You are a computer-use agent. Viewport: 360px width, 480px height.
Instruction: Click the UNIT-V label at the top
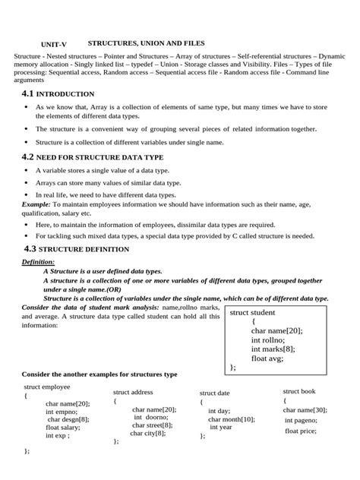coord(53,45)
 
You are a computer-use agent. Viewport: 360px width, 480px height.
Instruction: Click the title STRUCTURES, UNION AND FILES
coord(147,43)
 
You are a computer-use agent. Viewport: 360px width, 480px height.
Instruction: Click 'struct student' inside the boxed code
coord(252,312)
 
